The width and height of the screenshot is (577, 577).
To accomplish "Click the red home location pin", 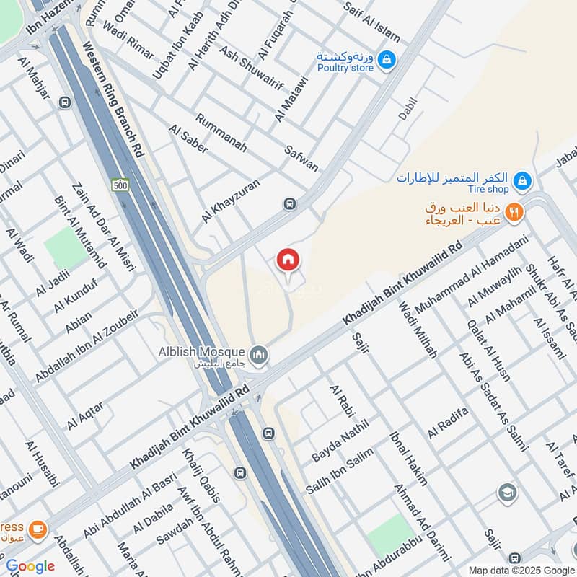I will [x=288, y=260].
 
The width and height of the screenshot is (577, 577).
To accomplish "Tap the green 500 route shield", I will [x=120, y=185].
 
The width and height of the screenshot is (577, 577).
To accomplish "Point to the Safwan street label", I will [x=301, y=156].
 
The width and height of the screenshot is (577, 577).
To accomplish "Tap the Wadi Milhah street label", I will [x=418, y=331].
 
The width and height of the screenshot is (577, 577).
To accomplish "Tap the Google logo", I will [x=30, y=566].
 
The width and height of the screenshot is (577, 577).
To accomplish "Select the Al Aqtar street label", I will [x=85, y=415].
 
